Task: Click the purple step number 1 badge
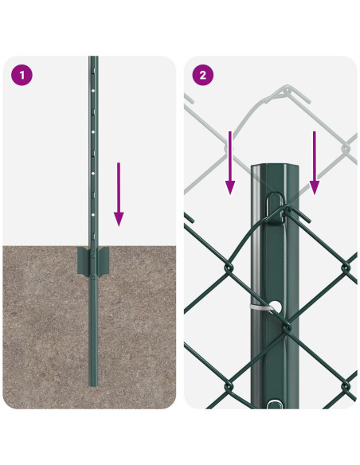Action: click(22, 75)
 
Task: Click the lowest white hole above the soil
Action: click(93, 213)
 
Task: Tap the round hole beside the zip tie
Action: click(276, 305)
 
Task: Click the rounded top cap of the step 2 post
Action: click(274, 167)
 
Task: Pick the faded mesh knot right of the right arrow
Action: click(347, 147)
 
